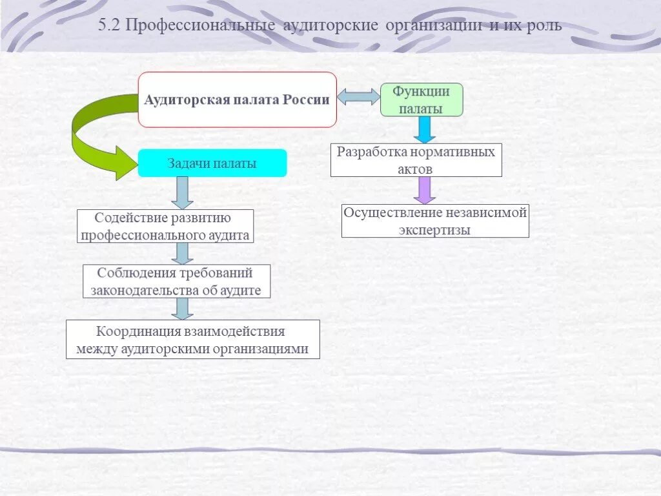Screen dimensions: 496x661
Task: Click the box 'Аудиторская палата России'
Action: coord(237,99)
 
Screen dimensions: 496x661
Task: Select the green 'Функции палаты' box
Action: coord(422,99)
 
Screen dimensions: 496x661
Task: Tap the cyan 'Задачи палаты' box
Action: coord(212,163)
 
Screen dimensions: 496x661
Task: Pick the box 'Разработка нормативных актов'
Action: coord(416,160)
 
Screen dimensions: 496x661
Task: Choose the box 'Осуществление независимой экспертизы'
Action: coord(434,221)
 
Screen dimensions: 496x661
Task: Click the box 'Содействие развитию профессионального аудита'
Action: coord(165,226)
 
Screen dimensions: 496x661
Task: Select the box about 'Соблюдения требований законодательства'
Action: coord(176,281)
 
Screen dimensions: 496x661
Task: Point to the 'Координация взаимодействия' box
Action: coord(192,340)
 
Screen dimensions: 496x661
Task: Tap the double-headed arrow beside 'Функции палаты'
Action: coord(358,97)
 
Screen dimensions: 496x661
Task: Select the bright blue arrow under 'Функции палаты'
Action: coord(424,129)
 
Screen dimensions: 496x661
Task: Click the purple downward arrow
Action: coord(424,190)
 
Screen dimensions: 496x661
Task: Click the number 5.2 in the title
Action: coord(110,26)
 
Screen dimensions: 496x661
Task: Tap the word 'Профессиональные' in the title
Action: coord(201,26)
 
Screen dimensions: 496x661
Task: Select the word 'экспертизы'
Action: coord(434,230)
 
